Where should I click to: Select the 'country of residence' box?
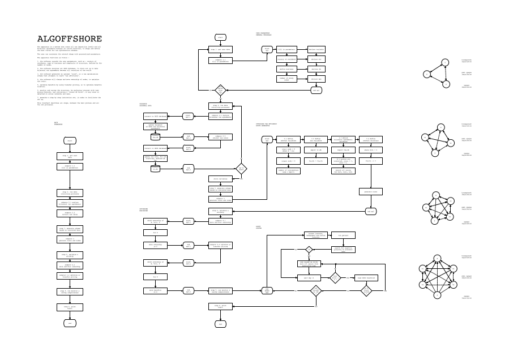[286, 59]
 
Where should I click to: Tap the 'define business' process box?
[286, 68]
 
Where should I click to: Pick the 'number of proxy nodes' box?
[286, 79]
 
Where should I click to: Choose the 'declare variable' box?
[316, 49]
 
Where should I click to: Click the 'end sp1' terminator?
[316, 90]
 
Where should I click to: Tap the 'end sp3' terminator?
[371, 211]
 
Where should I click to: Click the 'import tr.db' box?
[316, 150]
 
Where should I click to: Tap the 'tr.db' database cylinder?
[155, 168]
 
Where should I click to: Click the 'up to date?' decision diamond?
[241, 168]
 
